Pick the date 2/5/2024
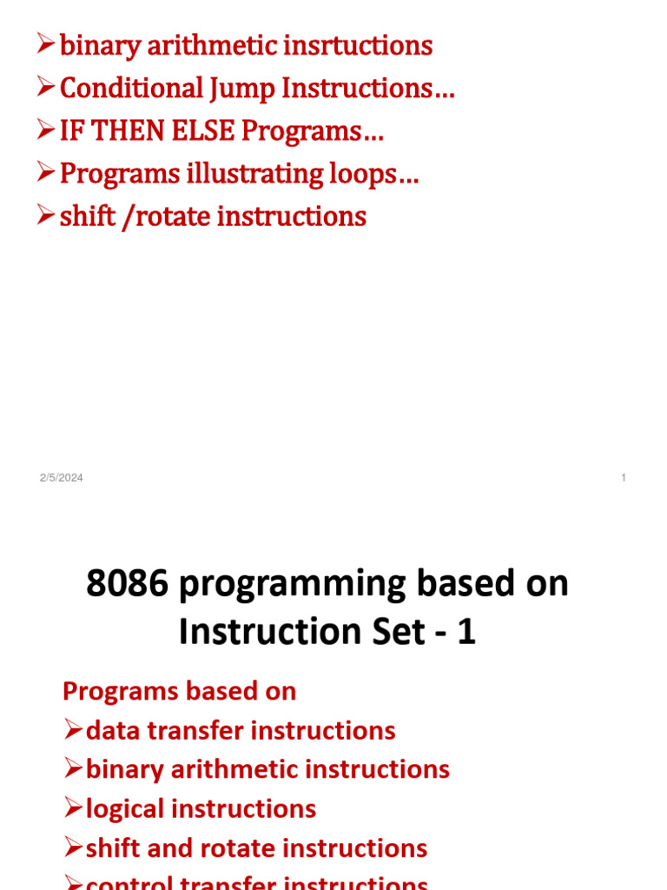61,478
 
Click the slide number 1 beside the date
624,478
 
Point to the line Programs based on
179,691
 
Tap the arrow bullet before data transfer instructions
73,730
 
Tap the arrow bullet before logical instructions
73,809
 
